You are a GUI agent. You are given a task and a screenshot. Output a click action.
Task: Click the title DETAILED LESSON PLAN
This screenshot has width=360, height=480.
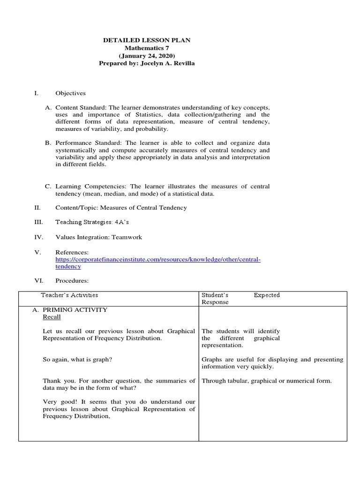[146, 41]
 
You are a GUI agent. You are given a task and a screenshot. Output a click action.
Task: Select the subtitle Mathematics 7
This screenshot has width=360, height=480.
[146, 48]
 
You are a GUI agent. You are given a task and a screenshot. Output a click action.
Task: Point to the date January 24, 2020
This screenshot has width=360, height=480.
[147, 56]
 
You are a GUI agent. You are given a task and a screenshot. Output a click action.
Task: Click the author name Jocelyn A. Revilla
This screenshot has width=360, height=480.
[168, 63]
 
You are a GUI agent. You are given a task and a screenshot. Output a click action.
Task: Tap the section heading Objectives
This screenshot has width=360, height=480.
[70, 93]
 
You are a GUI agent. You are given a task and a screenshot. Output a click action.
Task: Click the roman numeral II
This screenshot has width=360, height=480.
[37, 207]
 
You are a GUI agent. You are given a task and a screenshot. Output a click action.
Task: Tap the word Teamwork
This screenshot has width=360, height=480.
[126, 237]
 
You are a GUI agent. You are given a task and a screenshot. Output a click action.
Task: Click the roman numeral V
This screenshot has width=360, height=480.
[37, 252]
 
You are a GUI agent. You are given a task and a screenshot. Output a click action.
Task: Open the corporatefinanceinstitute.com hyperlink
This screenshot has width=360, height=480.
[157, 259]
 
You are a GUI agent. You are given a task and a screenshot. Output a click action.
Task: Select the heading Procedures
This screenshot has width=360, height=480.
[72, 281]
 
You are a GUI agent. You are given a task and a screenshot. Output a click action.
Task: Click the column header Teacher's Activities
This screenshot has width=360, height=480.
[69, 295]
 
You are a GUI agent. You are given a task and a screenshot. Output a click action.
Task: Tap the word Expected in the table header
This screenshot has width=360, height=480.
[267, 295]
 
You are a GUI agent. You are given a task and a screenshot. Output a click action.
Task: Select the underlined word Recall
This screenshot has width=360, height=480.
[52, 317]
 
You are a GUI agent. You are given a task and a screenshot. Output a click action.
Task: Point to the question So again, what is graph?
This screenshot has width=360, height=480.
[77, 360]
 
